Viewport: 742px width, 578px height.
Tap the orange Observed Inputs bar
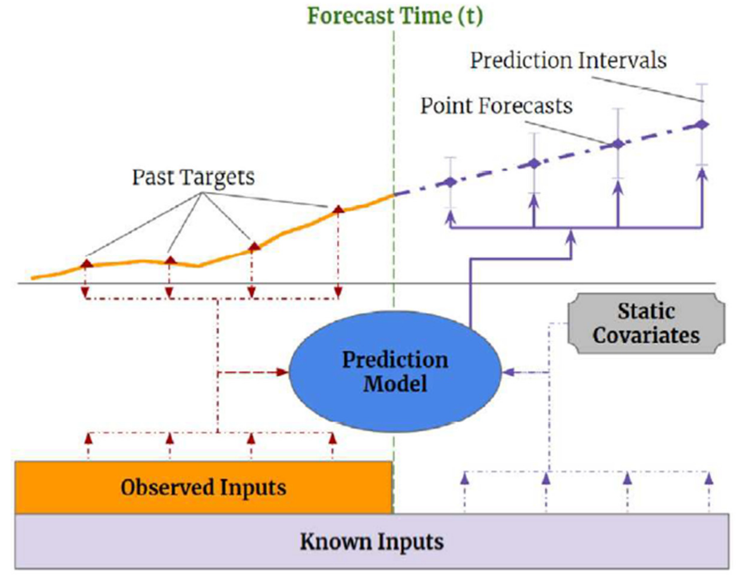pyautogui.click(x=204, y=487)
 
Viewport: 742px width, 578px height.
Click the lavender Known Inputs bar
pyautogui.click(x=372, y=541)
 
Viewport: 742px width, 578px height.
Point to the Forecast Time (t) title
pyautogui.click(x=395, y=16)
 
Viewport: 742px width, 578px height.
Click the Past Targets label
pyautogui.click(x=193, y=177)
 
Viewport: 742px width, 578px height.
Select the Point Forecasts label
pyautogui.click(x=496, y=106)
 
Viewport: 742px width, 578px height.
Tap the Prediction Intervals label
pyautogui.click(x=568, y=61)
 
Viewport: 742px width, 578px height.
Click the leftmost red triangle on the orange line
pyautogui.click(x=87, y=264)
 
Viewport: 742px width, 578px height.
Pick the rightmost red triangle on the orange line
pyautogui.click(x=338, y=209)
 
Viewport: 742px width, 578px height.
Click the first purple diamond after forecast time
pyautogui.click(x=451, y=182)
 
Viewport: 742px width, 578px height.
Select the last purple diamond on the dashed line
pyautogui.click(x=702, y=124)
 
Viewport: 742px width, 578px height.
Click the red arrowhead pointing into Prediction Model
pyautogui.click(x=283, y=372)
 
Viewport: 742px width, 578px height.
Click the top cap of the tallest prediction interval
pyautogui.click(x=702, y=84)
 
